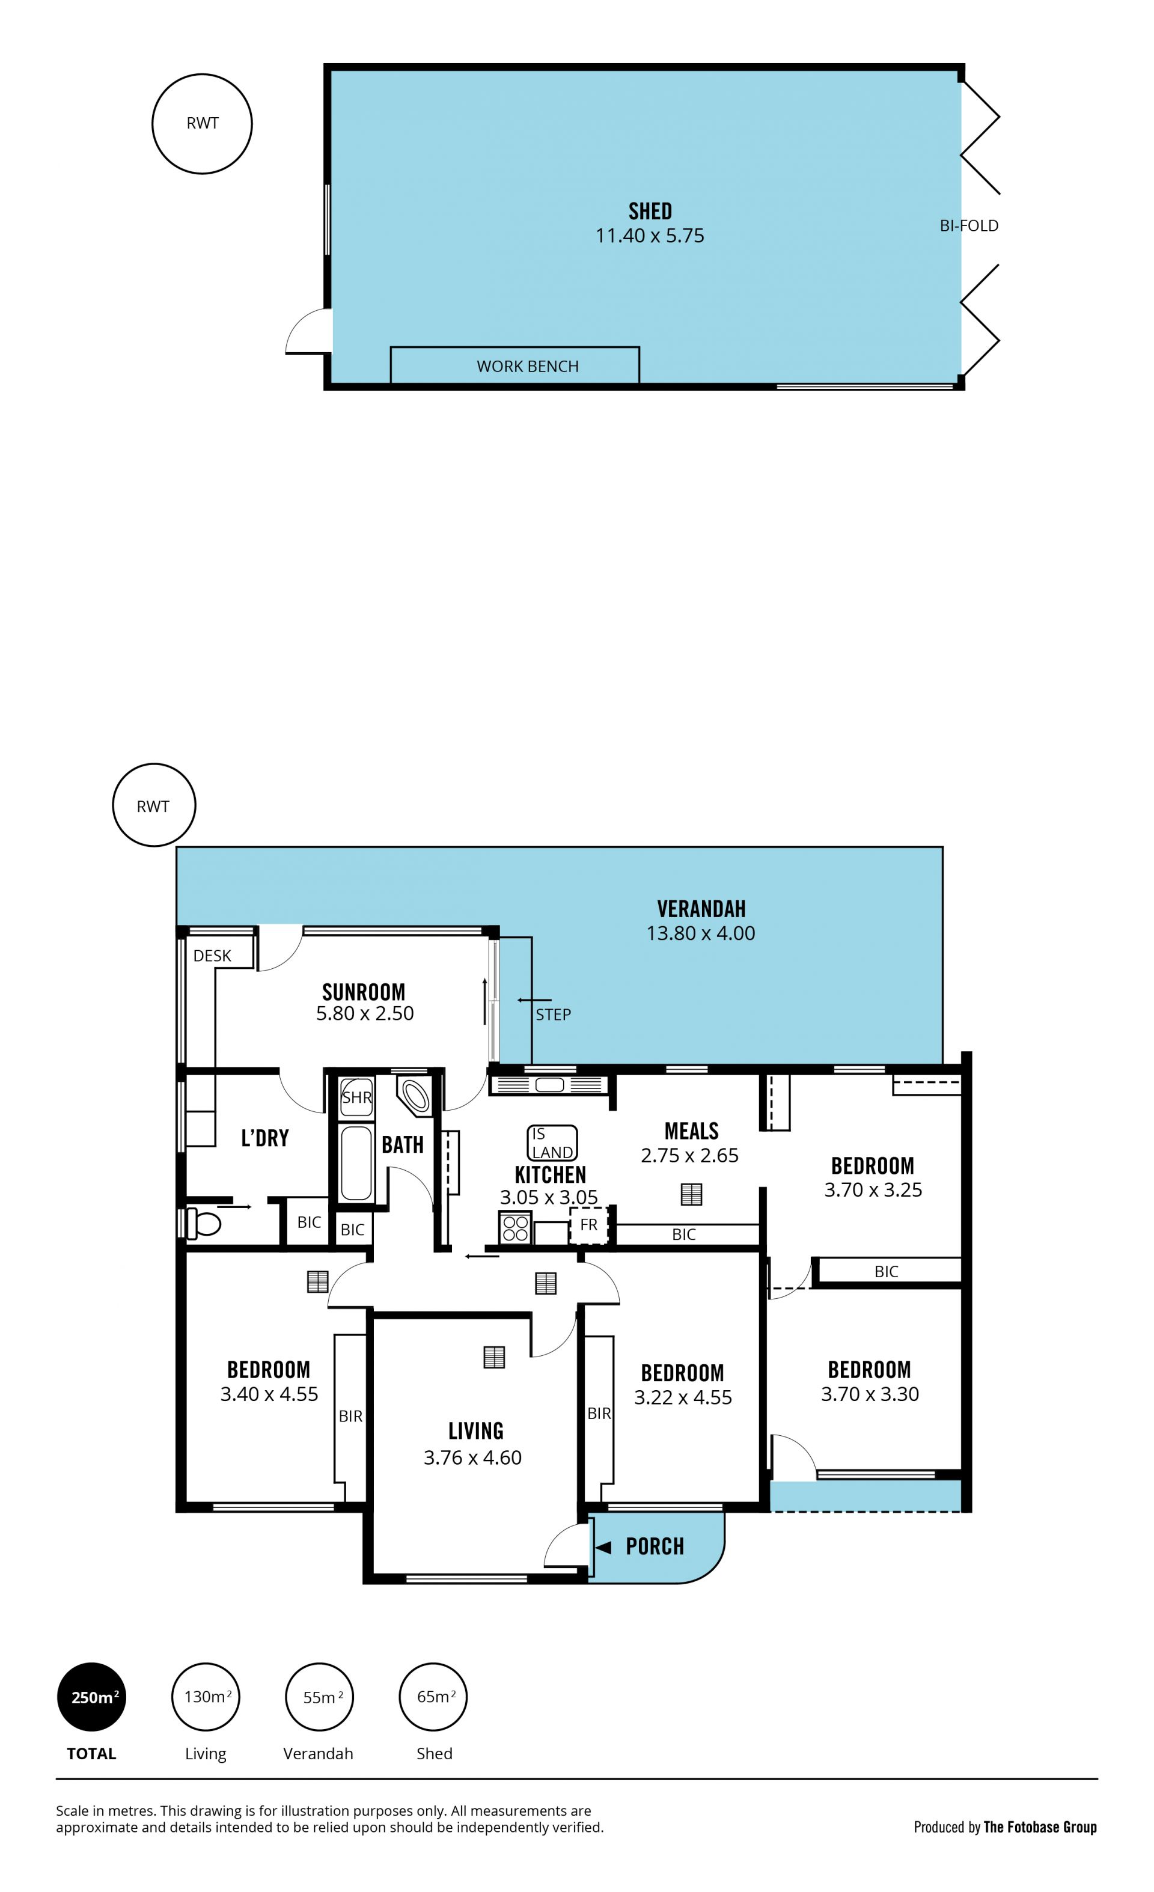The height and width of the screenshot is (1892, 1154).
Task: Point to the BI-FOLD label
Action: coord(969,226)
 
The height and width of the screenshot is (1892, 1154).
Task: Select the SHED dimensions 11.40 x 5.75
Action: coord(650,236)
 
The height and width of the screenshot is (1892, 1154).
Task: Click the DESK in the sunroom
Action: coord(212,955)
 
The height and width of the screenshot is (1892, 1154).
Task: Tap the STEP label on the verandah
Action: coord(553,1015)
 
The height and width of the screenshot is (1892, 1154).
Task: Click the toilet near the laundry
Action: coord(203,1222)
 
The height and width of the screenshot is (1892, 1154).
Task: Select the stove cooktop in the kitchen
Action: coord(515,1227)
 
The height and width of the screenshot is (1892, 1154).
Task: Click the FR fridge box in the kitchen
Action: coord(588,1225)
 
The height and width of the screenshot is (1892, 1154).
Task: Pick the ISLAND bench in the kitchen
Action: coord(552,1143)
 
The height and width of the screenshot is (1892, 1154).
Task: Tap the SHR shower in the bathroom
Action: coord(356,1098)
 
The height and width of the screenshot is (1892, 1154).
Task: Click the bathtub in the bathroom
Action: coord(356,1162)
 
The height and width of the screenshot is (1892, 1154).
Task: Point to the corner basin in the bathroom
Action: coord(415,1095)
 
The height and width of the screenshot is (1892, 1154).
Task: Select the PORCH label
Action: coord(654,1546)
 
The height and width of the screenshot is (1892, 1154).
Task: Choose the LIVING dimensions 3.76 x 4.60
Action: coord(473,1457)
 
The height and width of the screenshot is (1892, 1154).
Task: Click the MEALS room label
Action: coord(691,1131)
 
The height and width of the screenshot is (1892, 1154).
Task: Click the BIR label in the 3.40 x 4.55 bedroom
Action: coord(350,1417)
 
